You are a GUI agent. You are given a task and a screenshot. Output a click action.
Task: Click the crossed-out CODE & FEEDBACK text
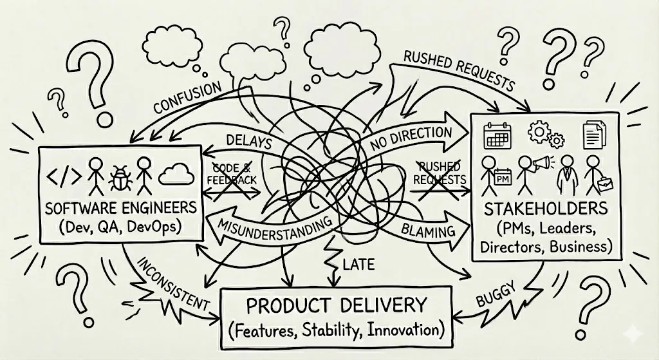[233, 171]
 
